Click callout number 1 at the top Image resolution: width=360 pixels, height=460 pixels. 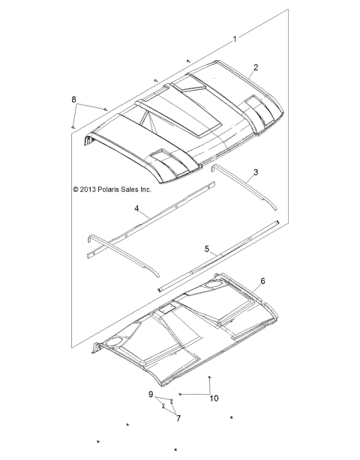point(235,39)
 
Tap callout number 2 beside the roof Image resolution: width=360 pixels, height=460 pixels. point(256,67)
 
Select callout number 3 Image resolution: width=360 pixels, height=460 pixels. point(256,172)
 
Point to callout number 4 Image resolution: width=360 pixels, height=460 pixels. point(136,208)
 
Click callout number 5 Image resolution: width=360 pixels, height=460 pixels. point(207,249)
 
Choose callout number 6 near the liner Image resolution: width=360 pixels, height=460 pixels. point(262,281)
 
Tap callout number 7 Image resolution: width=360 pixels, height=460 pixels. point(178,418)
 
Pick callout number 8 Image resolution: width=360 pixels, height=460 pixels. point(73,100)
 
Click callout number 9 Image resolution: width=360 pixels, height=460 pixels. point(151,394)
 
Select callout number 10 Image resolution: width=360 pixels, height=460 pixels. point(214,399)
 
